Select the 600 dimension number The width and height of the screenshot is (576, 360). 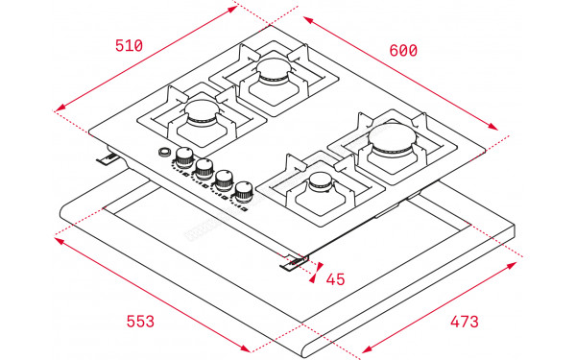402,50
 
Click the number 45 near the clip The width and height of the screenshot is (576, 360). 335,279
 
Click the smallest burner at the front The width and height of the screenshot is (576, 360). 318,185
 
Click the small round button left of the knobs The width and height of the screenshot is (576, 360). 164,154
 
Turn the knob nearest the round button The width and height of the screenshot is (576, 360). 182,156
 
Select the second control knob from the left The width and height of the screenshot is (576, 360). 203,168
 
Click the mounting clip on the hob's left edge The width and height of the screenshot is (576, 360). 108,159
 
